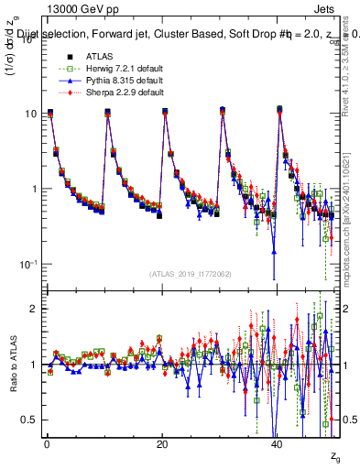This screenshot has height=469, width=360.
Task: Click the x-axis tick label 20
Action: pyautogui.click(x=161, y=443)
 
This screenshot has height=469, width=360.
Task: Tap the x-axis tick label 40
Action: pyautogui.click(x=277, y=443)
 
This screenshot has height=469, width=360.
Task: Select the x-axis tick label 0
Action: pyautogui.click(x=46, y=443)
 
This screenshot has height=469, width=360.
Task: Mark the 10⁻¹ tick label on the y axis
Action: pyautogui.click(x=31, y=264)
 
